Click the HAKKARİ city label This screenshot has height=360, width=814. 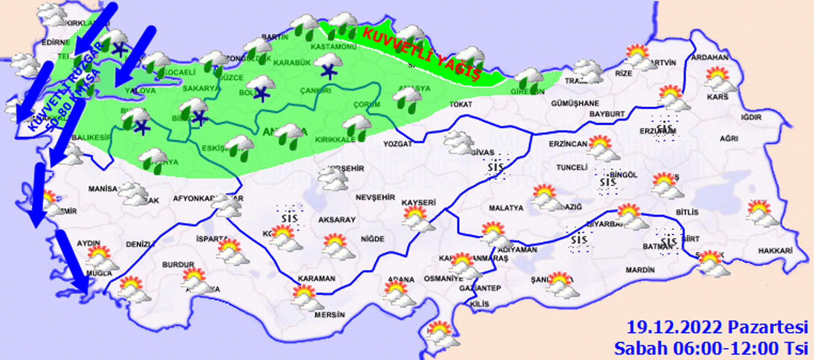[x=775, y=251]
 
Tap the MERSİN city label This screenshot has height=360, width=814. [x=329, y=315]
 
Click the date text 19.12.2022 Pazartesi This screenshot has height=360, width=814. [x=717, y=327]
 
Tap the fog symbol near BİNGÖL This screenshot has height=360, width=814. [x=608, y=182]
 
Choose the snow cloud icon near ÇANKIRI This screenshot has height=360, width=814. [x=329, y=66]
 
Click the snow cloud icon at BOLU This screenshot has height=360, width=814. [x=261, y=88]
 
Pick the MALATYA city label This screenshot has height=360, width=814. [x=506, y=208]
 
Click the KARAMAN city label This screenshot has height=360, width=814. [x=316, y=279]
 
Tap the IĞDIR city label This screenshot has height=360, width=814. [x=751, y=117]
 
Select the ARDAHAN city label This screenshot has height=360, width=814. [x=710, y=57]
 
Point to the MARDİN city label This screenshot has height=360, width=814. [x=640, y=270]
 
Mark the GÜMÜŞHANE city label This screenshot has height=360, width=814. [x=575, y=103]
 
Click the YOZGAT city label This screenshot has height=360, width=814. [x=397, y=144]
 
